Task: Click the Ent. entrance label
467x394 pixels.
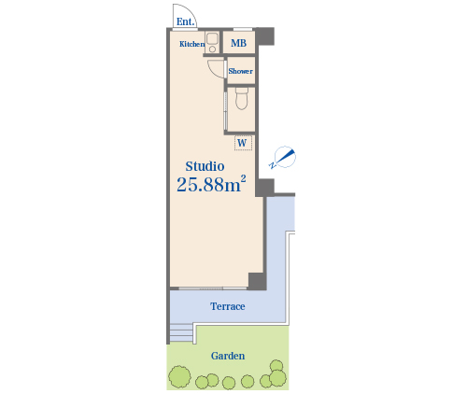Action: tap(186, 21)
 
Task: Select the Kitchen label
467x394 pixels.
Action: tap(191, 44)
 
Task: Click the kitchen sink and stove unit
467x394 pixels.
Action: tap(213, 42)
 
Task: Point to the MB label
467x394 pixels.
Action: tap(238, 43)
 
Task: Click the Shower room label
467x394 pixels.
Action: tap(240, 71)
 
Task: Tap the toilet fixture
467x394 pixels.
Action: tap(242, 98)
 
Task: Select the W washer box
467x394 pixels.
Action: tap(243, 143)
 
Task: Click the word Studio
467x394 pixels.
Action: tap(205, 166)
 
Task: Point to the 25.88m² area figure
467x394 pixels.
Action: tap(211, 184)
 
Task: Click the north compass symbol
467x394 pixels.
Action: tap(283, 157)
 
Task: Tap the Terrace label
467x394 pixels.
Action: tap(228, 306)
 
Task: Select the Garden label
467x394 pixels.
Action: tap(228, 356)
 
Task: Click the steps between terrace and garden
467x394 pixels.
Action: tap(181, 333)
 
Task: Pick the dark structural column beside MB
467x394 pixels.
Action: tap(265, 36)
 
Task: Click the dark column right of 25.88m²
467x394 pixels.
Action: tap(264, 188)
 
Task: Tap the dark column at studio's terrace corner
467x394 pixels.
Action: tap(257, 281)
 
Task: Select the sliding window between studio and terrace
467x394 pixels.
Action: tap(213, 288)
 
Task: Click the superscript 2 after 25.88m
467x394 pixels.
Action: tap(243, 179)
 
